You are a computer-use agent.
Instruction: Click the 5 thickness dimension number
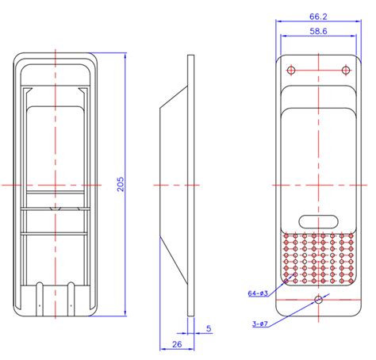[x=208, y=327]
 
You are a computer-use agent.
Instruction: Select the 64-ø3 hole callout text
[x=259, y=293]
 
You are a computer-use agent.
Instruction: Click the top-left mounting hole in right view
[x=291, y=71]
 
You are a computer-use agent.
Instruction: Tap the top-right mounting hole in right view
[x=344, y=71]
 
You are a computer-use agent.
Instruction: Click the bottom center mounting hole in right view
[x=318, y=300]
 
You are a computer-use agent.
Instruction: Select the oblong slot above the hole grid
[x=318, y=221]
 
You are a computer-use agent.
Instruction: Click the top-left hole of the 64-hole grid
[x=289, y=236]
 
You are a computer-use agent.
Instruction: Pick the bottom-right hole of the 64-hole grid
[x=349, y=280]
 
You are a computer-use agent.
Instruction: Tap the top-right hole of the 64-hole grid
[x=349, y=236]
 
